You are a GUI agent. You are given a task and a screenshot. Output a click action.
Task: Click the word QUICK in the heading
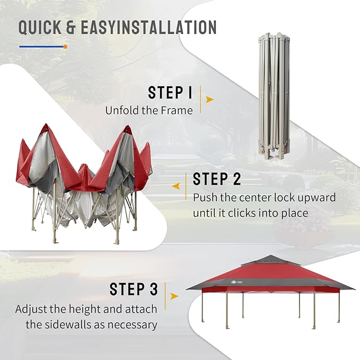click(x=40, y=28)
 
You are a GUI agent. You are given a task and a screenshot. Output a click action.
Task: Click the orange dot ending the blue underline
click(x=65, y=47)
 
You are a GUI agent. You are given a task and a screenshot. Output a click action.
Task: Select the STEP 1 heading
click(x=170, y=93)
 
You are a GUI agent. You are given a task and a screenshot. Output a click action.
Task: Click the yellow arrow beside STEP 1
click(x=209, y=100)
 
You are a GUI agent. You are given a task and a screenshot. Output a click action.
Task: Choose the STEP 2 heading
click(x=217, y=179)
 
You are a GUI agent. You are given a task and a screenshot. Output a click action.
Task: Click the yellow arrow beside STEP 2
click(x=175, y=186)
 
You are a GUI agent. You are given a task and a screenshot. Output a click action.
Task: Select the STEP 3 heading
click(x=134, y=289)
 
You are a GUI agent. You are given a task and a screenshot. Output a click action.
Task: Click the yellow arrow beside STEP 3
click(x=174, y=296)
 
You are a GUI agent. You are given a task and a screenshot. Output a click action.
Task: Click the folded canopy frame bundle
click(x=274, y=96)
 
